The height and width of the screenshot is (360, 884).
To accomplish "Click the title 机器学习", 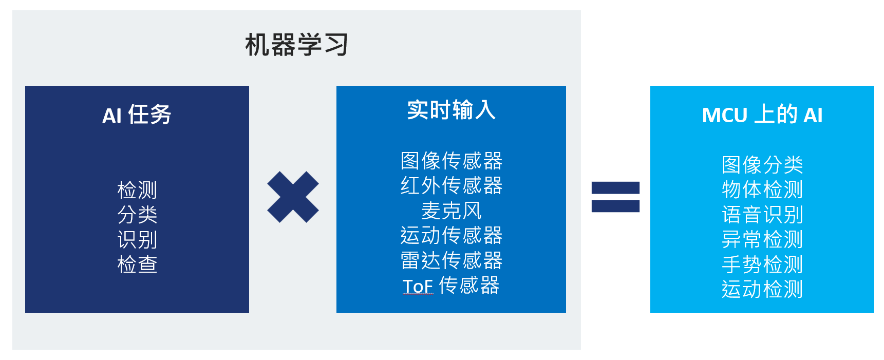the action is pos(296,45).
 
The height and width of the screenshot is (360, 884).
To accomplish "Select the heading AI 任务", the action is pos(137,115).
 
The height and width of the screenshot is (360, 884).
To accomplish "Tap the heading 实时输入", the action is pos(451,110).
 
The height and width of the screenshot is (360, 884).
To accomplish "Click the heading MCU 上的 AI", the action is pos(762,115).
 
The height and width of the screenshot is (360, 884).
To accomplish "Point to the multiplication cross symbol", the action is pos(293,197).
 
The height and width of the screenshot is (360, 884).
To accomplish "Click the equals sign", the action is pos(615,197).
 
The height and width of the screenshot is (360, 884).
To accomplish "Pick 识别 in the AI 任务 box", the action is pos(137,240).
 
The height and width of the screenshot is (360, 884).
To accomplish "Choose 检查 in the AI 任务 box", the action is pos(137,264).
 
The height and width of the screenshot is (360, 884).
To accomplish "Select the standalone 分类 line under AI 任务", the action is pos(137,215).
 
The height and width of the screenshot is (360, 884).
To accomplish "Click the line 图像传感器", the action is pos(451,161).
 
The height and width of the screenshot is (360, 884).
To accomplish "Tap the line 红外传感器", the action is pos(451,185).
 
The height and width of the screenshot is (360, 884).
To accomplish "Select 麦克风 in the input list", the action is pos(451,211).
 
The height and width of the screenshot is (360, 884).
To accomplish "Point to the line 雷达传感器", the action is pos(451,260).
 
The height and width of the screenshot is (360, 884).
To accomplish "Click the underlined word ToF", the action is pos(418,286).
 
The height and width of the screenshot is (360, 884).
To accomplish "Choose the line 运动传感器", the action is pos(451,235).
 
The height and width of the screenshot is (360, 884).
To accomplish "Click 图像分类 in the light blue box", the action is pos(762,165).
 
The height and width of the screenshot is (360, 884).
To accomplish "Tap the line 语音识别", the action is pos(762,215).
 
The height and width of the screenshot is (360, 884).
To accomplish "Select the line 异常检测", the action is pos(762,239).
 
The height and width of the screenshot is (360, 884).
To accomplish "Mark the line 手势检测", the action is pos(762,264).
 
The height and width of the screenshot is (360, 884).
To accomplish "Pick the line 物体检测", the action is pos(762,190).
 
